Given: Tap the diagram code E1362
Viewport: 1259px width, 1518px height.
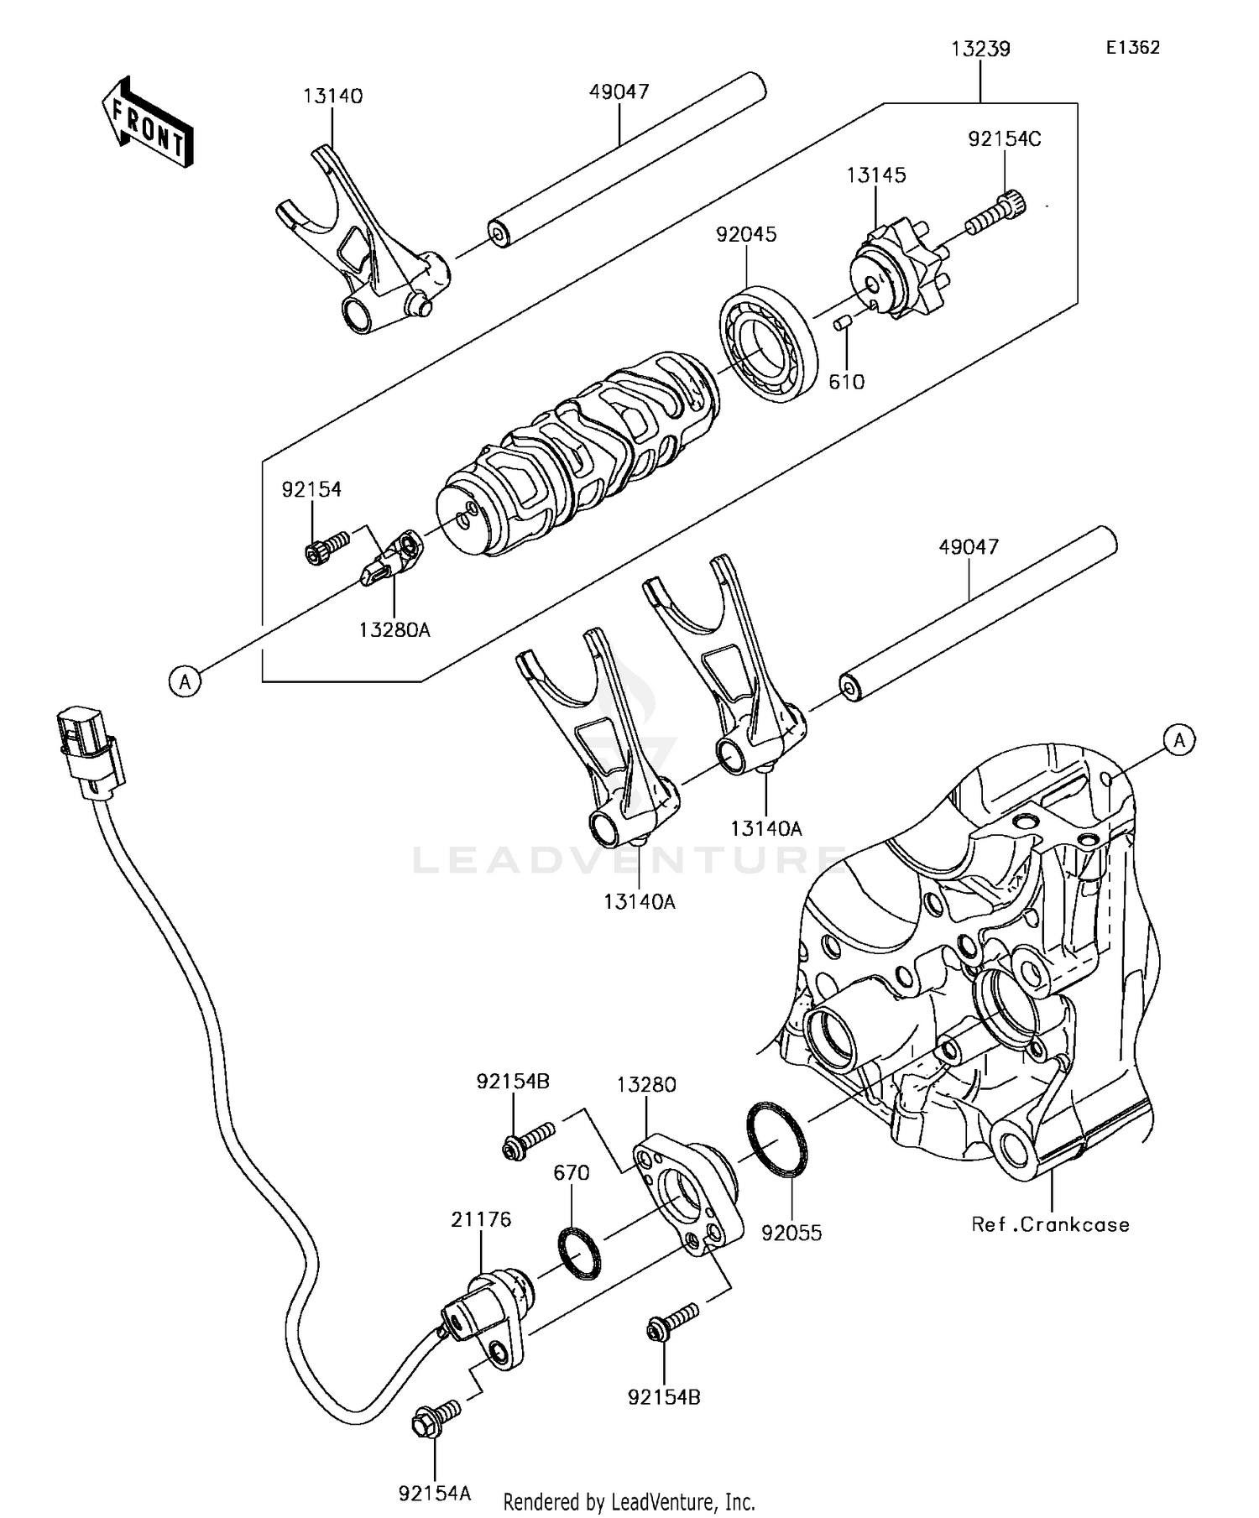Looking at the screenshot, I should point(1132,48).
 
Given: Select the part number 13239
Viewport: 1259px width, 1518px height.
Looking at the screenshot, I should point(980,50).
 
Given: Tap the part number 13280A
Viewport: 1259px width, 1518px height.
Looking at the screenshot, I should point(394,629).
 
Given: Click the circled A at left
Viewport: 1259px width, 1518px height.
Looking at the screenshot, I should point(185,681).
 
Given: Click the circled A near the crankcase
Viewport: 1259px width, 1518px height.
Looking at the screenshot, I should point(1179,740).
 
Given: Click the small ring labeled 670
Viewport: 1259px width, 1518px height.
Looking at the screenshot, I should point(580,1254).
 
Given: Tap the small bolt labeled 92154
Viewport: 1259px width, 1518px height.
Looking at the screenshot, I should point(326,547).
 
